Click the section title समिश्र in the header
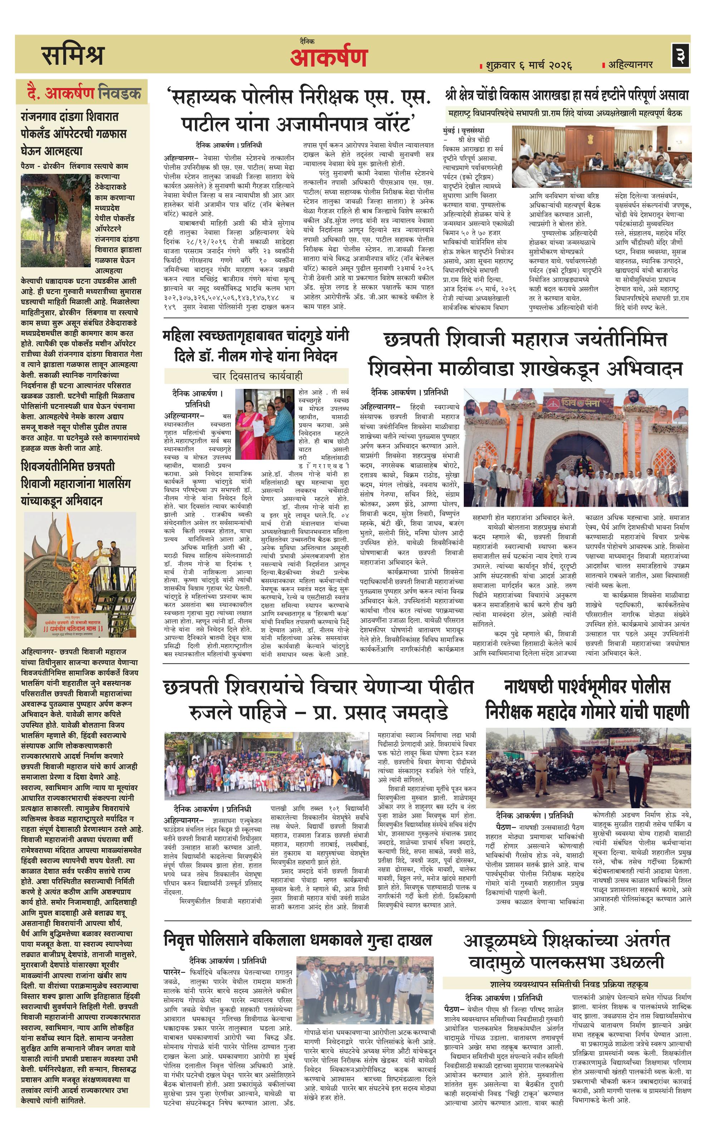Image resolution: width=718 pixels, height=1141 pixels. click(73, 55)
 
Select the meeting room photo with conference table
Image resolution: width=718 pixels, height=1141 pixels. click(601, 156)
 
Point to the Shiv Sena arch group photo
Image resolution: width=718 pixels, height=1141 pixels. click(575, 448)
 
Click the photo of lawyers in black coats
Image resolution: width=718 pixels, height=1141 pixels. click(365, 991)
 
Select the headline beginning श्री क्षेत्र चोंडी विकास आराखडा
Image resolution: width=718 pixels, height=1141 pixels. click(566, 95)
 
